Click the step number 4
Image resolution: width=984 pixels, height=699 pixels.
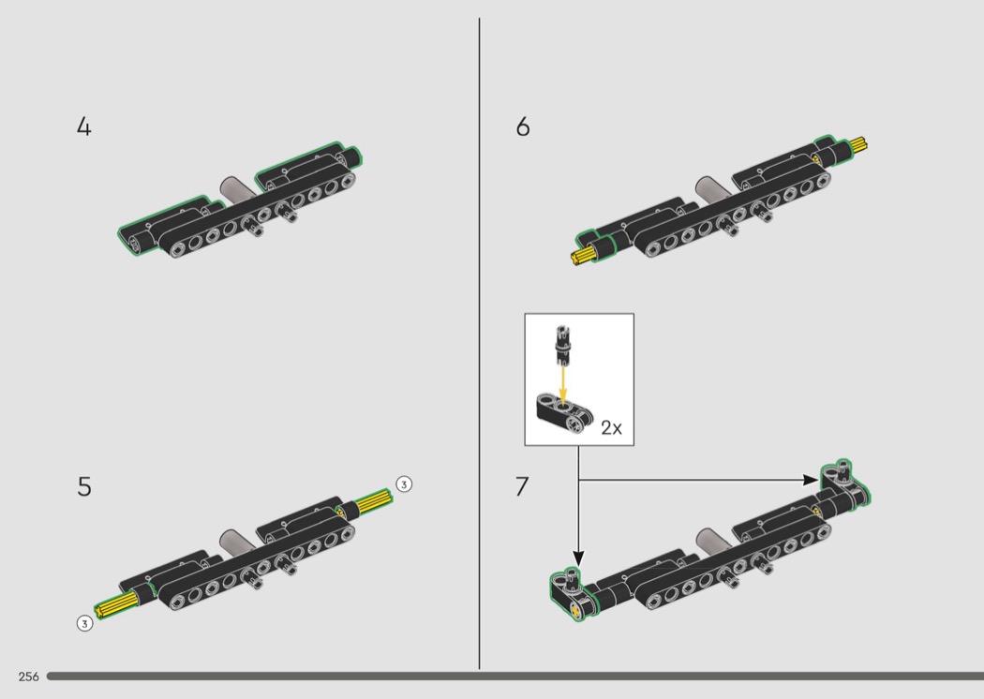point(84,126)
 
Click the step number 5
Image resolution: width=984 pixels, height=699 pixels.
point(84,487)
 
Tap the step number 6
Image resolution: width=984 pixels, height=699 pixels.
point(523,126)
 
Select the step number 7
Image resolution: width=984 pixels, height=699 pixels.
point(522,487)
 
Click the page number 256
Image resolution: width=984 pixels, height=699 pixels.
point(29,677)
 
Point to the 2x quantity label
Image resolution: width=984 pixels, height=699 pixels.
point(611,427)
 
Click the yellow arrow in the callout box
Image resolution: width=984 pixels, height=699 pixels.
point(563,386)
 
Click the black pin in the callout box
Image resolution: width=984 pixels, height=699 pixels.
point(563,345)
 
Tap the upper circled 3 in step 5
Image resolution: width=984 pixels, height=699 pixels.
point(404,483)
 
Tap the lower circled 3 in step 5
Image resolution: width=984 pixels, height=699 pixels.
point(84,623)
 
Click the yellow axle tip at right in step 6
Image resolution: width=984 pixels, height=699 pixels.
point(857,145)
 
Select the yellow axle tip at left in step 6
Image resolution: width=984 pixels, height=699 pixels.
point(582,255)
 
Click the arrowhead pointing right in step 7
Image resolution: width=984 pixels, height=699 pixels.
point(812,480)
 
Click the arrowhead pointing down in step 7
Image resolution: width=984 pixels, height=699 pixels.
point(578,559)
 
